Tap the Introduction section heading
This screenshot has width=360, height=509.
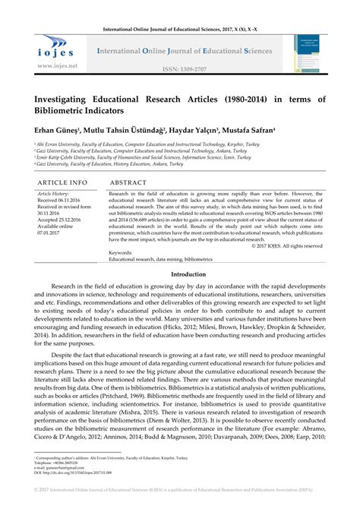pos(179,273)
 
